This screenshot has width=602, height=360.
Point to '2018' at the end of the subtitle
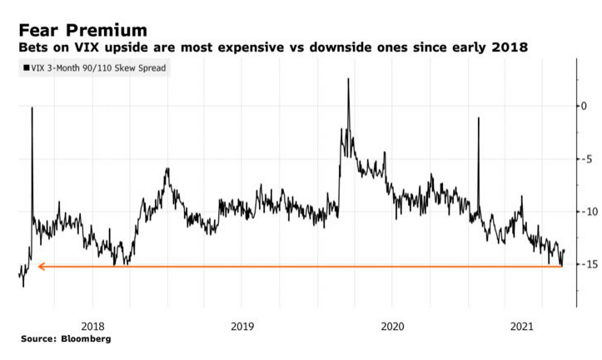[x=509, y=47]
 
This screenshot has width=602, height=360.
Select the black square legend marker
[x=25, y=68]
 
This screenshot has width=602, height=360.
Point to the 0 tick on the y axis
[x=584, y=106]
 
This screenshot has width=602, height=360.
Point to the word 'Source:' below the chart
[x=39, y=339]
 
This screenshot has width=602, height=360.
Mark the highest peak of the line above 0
[x=348, y=79]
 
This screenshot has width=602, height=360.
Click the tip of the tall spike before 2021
[x=479, y=118]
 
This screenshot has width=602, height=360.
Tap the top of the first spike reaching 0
[x=32, y=107]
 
